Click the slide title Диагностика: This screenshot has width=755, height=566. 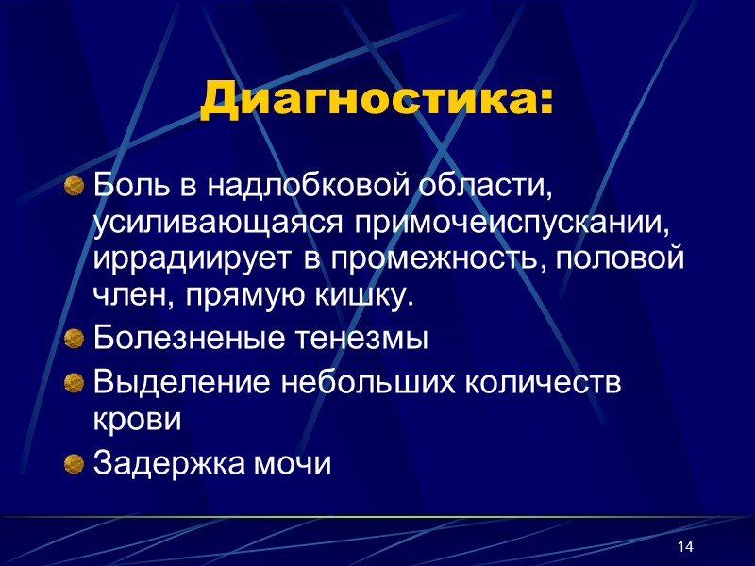click(x=377, y=101)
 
